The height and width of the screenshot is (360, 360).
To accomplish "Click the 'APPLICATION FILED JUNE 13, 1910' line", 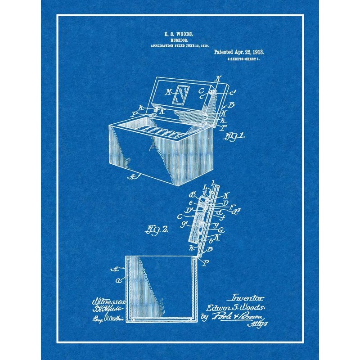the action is [x=179, y=46].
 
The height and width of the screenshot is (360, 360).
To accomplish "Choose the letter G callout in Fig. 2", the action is [x=221, y=230].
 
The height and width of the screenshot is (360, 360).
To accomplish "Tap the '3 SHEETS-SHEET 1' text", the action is [x=246, y=59].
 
